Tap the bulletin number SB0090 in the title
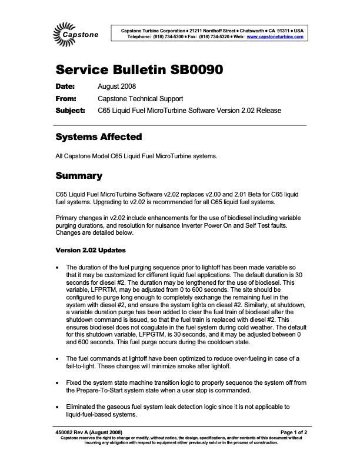coord(192,70)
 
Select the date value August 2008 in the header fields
coord(116,87)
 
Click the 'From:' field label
coord(66,98)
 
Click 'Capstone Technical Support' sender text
coord(140,98)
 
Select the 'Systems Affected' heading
coord(98,137)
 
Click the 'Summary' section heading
coord(79,176)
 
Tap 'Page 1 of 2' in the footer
coord(289,432)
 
